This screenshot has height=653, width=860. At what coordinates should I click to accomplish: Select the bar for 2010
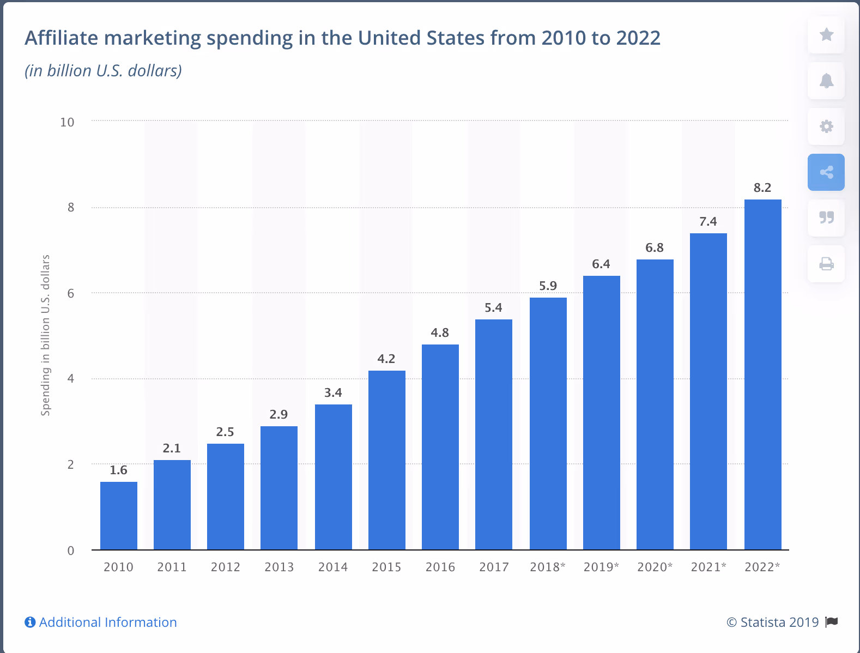(119, 515)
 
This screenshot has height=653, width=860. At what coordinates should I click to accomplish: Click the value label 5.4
(493, 308)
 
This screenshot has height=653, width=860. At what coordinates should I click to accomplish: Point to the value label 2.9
(278, 415)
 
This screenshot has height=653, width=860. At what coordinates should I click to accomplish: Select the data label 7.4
(708, 222)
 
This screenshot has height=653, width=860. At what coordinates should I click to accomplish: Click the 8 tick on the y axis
(71, 208)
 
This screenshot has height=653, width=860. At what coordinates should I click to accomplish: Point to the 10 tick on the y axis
(67, 122)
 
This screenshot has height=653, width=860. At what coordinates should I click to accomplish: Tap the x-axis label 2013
(279, 567)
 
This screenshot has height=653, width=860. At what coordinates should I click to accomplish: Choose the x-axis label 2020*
(655, 567)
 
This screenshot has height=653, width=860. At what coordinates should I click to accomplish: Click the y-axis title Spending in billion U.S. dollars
(46, 335)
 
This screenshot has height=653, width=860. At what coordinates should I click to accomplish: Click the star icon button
(826, 35)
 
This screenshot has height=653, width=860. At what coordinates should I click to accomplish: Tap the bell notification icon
(826, 81)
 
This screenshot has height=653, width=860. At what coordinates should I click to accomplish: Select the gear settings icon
(826, 126)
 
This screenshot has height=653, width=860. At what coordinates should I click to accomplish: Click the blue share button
(826, 172)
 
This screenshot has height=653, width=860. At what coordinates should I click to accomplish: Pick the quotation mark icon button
(826, 218)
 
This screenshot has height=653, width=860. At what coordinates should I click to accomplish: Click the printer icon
(826, 264)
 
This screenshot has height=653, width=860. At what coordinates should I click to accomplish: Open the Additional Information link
(107, 622)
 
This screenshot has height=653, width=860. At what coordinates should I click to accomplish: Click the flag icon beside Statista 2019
(832, 622)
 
